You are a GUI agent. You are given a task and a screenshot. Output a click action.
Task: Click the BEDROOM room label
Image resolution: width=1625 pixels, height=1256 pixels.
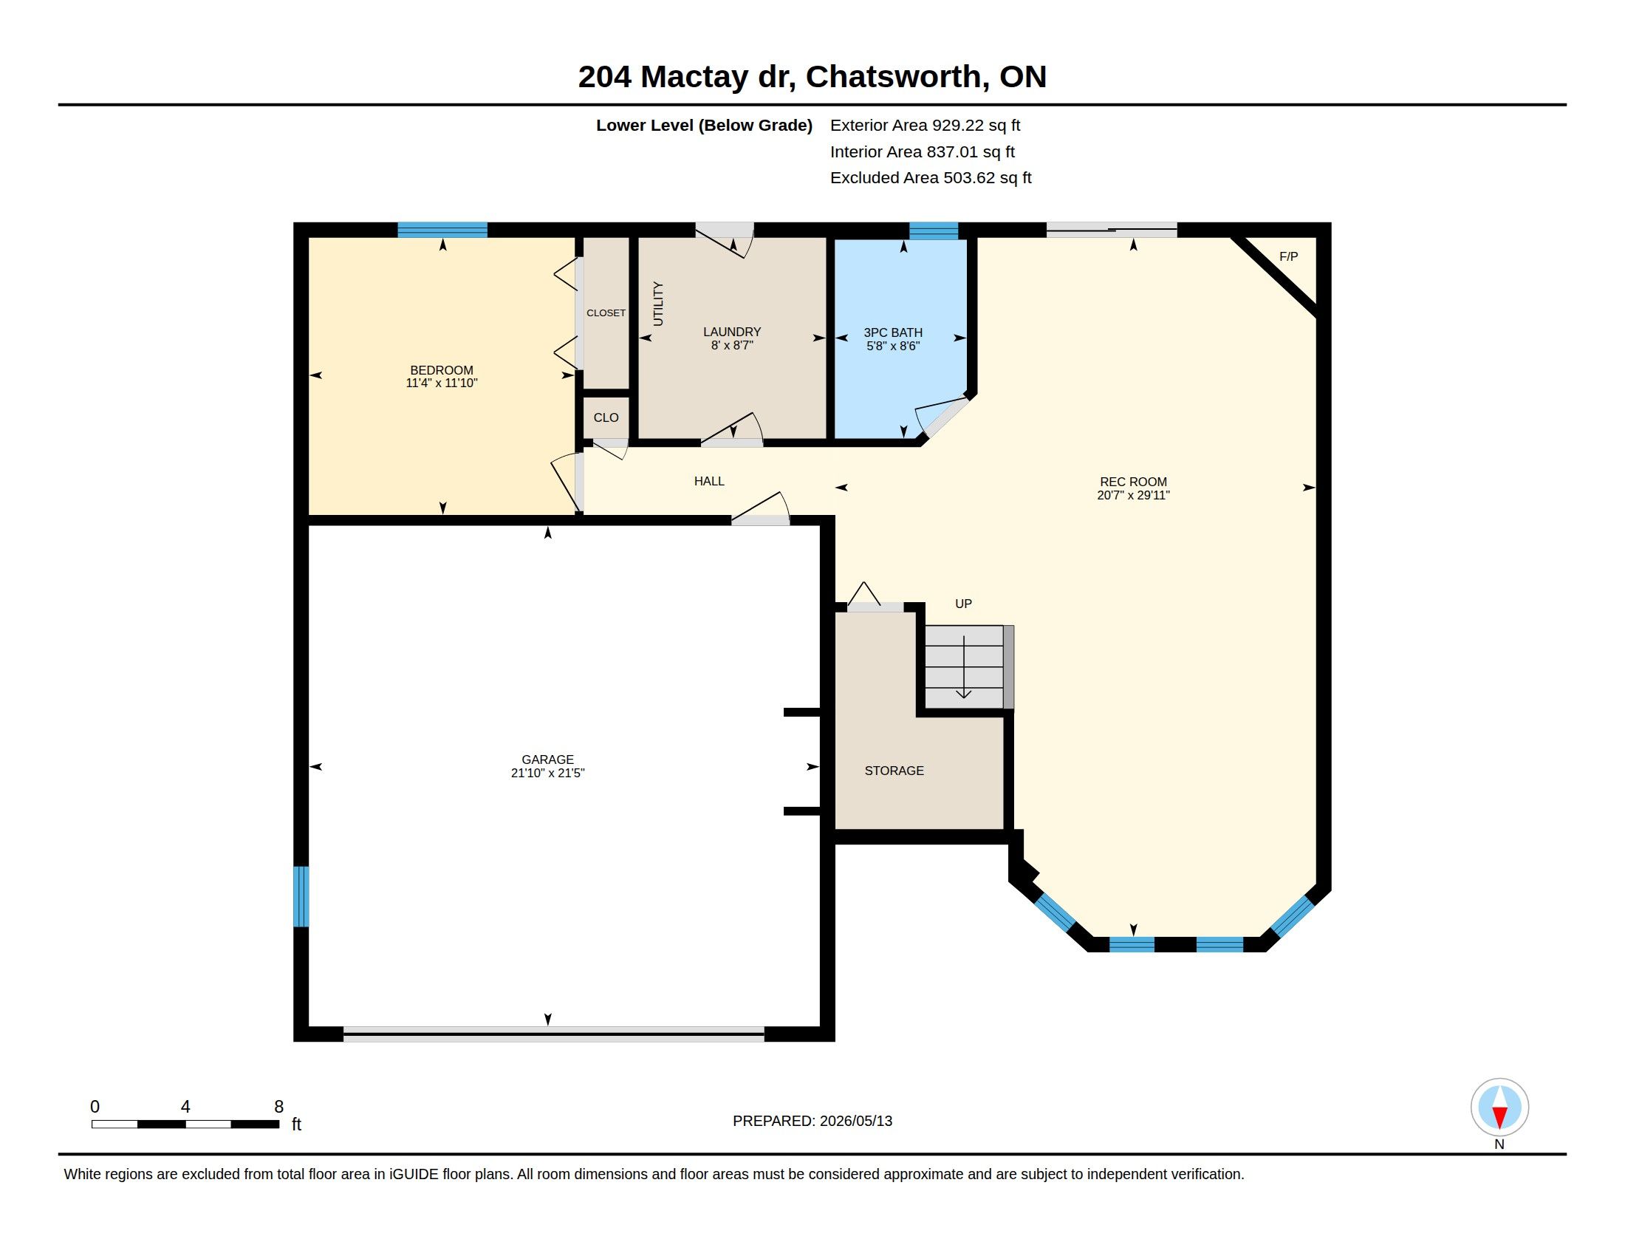(x=441, y=370)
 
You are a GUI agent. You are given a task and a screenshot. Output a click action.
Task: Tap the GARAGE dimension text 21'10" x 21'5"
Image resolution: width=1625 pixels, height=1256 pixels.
(x=547, y=773)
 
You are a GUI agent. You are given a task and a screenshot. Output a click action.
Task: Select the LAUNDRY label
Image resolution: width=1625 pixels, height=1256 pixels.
(x=732, y=332)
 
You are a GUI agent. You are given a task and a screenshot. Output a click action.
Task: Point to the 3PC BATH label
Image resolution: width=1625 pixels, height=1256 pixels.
(x=893, y=332)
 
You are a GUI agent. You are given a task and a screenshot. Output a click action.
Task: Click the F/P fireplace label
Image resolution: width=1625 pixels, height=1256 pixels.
(x=1289, y=256)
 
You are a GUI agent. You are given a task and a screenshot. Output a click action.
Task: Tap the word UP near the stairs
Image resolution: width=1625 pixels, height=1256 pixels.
(x=963, y=604)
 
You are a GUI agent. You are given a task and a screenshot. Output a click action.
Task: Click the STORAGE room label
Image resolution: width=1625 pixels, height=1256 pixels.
(x=894, y=771)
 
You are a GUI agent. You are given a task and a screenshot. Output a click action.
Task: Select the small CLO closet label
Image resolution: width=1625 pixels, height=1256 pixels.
(x=606, y=417)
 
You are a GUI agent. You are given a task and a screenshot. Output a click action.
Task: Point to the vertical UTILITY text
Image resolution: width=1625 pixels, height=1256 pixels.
(x=657, y=304)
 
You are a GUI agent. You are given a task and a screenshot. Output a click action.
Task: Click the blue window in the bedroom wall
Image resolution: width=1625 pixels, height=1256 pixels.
(x=442, y=230)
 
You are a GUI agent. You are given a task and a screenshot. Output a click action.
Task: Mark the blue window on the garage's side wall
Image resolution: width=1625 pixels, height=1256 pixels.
(x=301, y=897)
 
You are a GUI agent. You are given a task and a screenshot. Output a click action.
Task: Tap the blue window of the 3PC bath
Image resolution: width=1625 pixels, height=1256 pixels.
(x=934, y=231)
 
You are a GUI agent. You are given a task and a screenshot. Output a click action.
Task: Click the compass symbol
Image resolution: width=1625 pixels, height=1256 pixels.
(x=1499, y=1107)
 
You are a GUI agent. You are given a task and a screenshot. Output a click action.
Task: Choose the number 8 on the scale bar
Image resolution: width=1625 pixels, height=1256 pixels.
(x=279, y=1107)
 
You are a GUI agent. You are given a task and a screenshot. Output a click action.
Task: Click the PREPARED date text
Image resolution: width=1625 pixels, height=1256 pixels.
(x=812, y=1121)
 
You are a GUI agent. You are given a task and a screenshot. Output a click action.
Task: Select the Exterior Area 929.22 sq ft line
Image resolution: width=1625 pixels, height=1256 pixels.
(x=925, y=125)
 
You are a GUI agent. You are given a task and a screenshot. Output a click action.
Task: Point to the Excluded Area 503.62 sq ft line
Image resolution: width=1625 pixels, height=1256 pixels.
(x=931, y=178)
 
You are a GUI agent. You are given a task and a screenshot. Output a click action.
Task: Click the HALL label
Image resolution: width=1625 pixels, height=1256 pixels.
(x=709, y=482)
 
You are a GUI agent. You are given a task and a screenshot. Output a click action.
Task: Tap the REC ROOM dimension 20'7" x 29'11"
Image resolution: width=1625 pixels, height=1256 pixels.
(x=1133, y=496)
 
